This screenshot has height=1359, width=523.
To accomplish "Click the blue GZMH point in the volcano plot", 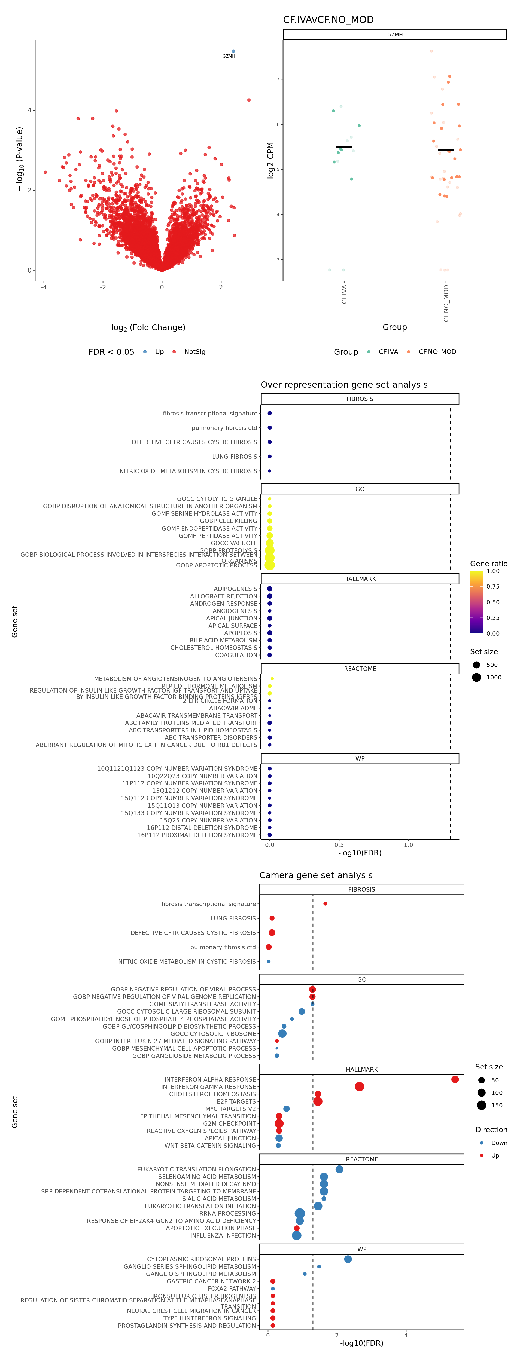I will [233, 51].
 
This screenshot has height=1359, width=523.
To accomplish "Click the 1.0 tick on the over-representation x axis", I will [408, 845].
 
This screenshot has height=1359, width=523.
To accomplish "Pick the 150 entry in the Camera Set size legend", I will [496, 1105].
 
